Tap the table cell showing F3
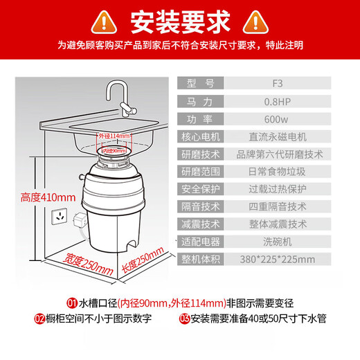click(x=278, y=84)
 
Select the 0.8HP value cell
click(x=278, y=101)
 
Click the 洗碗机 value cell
click(x=278, y=242)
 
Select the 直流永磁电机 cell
click(x=278, y=136)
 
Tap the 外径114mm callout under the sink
click(x=114, y=136)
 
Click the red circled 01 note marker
click(x=71, y=303)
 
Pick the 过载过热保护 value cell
click(x=278, y=189)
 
